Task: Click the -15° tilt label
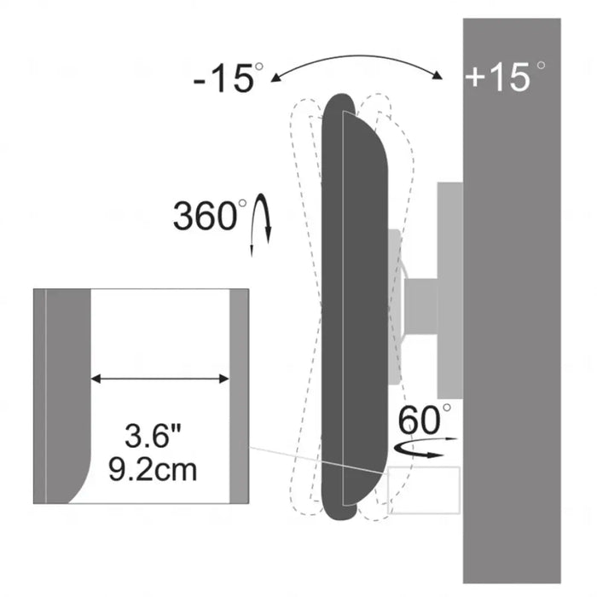click(228, 78)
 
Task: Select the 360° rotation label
click(210, 215)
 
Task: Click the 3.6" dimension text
click(153, 436)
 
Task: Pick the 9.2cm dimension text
click(153, 470)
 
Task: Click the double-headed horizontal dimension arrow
click(160, 379)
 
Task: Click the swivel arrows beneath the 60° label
click(425, 448)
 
